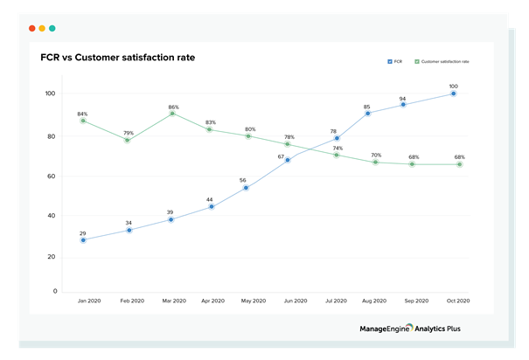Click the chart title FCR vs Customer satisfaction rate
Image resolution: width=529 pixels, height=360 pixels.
point(117,58)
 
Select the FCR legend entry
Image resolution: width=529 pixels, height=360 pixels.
point(394,62)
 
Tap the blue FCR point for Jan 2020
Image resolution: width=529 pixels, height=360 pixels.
point(83,239)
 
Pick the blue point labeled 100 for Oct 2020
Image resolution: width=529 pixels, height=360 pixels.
point(453,93)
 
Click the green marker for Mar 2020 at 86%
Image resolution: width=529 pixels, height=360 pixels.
point(172,114)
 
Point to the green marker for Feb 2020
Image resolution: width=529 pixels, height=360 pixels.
point(128,140)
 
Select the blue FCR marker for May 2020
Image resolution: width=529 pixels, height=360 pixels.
point(246,187)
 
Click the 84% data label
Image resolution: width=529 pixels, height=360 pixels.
point(82,114)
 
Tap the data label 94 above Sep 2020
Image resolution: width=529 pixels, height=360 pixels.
point(403,99)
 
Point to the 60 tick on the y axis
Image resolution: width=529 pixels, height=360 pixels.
point(52,177)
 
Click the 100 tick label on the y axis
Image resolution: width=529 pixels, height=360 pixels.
point(50,93)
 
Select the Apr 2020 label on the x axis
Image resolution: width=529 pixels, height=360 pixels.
point(211,301)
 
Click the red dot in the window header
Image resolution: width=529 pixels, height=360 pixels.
point(31,28)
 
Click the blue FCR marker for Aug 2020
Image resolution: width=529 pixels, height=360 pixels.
point(367,114)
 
